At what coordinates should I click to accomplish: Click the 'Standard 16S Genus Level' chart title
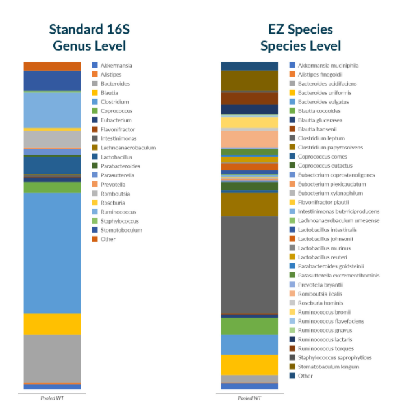point(88,38)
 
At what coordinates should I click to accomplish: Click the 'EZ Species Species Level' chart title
point(300,38)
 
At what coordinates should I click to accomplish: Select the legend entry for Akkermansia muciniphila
point(327,66)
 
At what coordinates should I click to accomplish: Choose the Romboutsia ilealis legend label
point(321,294)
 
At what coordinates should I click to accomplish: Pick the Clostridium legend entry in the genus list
point(114,102)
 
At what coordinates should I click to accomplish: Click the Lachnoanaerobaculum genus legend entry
point(128,148)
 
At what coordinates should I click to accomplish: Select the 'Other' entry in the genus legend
point(108,239)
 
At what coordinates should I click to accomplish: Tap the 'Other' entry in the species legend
point(305,376)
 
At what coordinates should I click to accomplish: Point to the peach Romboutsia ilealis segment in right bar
point(249,139)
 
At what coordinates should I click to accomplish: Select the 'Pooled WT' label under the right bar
point(249,398)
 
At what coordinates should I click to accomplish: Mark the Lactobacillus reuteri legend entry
point(323,257)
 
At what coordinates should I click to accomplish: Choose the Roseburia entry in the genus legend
point(112,202)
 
